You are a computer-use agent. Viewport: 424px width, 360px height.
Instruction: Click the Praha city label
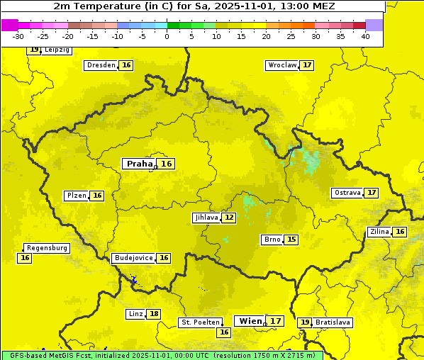point(139,164)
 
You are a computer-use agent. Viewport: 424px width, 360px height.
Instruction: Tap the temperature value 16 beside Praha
point(167,164)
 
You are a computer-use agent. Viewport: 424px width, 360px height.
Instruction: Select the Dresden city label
point(100,65)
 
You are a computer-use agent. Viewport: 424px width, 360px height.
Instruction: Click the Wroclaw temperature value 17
point(306,65)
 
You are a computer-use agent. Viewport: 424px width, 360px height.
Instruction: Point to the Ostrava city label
point(347,193)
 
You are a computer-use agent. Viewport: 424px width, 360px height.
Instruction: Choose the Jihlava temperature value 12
point(228,218)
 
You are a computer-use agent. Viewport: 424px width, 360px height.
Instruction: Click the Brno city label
point(272,240)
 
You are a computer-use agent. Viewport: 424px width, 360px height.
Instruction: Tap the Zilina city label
point(379,232)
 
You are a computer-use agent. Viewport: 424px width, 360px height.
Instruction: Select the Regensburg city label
point(47,248)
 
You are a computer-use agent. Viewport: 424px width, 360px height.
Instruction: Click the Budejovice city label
point(133,258)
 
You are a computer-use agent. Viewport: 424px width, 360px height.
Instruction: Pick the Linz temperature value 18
point(154,314)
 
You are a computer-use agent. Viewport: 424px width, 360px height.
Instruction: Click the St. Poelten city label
point(200,322)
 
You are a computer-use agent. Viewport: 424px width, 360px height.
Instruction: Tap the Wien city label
point(250,321)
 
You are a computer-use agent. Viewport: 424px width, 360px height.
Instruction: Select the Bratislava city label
point(333,322)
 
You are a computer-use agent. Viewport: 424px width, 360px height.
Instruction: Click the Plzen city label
point(76,196)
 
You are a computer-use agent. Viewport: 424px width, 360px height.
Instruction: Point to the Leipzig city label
point(56,50)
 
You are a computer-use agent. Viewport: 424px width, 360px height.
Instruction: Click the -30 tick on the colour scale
point(18,36)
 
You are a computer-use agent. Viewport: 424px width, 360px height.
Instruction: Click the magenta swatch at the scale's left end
point(9,25)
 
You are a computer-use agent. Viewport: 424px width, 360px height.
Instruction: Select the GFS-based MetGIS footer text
point(162,355)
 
